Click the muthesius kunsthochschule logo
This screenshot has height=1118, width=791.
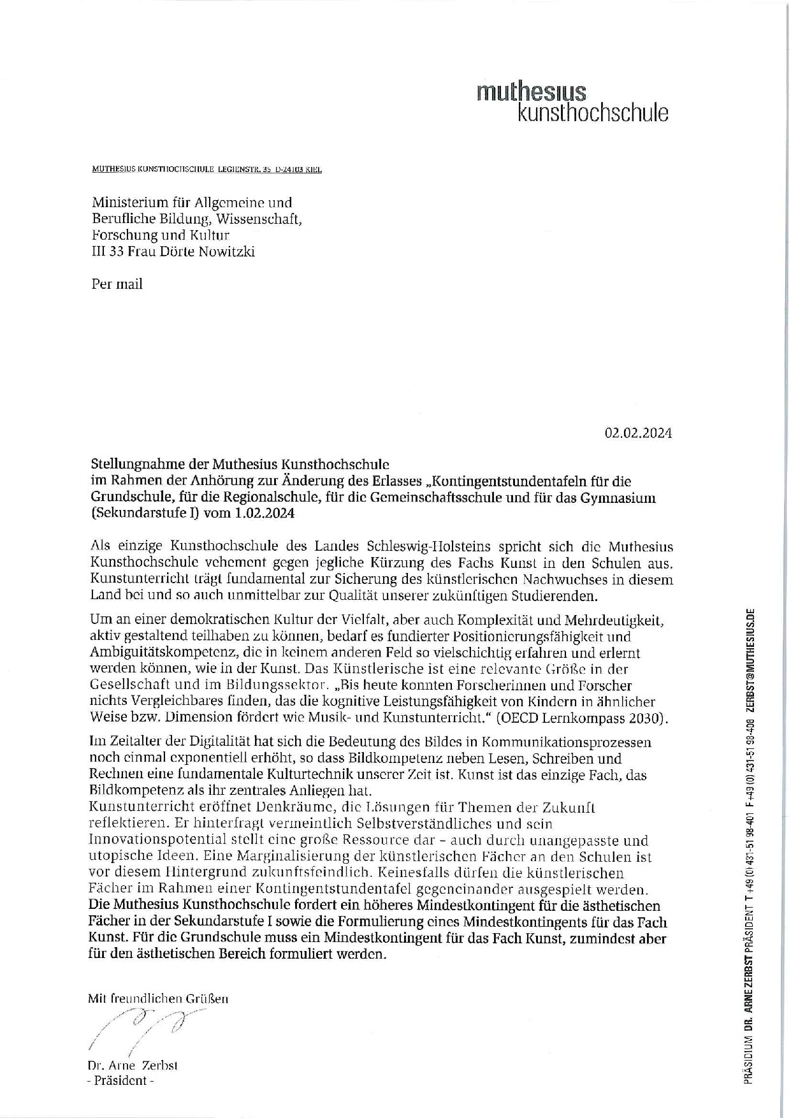tap(572, 102)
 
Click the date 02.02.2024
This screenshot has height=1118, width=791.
tap(638, 433)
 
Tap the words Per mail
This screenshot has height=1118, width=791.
tap(117, 284)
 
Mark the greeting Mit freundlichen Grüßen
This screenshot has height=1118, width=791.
tap(157, 999)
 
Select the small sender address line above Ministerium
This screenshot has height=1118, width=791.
tap(207, 170)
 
